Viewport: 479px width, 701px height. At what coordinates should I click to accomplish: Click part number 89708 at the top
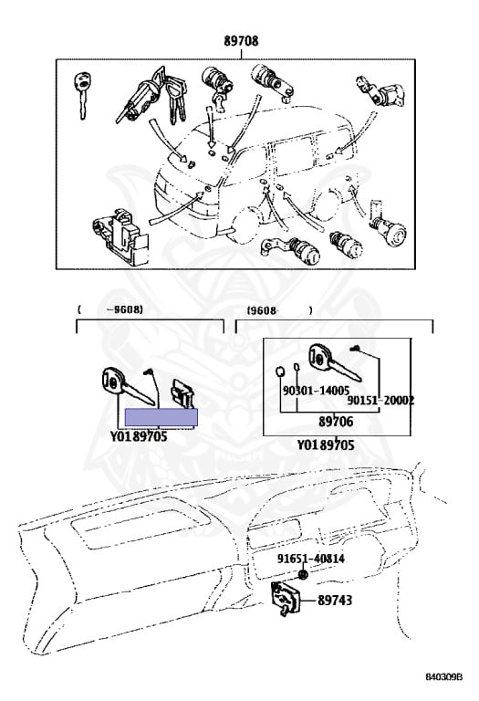coord(241,41)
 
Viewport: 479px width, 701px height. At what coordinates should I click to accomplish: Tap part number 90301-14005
coord(316,391)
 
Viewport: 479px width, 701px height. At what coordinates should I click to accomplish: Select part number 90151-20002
coord(380,401)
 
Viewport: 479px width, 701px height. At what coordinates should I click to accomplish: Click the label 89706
coord(336,421)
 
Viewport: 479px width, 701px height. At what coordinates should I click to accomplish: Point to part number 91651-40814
coord(310,559)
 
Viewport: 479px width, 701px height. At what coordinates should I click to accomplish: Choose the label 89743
coord(335,600)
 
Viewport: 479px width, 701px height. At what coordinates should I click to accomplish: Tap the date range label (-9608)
coord(110,309)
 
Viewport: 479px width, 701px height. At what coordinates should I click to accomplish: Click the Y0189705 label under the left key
coord(139,436)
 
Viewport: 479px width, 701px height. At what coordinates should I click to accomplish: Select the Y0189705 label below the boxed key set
coord(326,445)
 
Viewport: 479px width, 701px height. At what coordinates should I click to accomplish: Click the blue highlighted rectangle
coord(161,417)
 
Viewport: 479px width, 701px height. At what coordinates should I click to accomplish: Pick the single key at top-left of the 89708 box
coord(82,96)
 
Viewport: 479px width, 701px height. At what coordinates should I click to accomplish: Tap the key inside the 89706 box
coord(333,362)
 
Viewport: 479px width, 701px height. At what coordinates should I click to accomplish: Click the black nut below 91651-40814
coord(303,575)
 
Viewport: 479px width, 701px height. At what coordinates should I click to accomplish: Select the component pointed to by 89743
coord(286,599)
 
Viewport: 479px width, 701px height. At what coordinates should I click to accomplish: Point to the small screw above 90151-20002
coord(355,348)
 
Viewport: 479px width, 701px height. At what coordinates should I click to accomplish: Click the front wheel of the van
coord(245,225)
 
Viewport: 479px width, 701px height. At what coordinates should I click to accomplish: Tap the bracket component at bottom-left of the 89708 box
coord(120,237)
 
